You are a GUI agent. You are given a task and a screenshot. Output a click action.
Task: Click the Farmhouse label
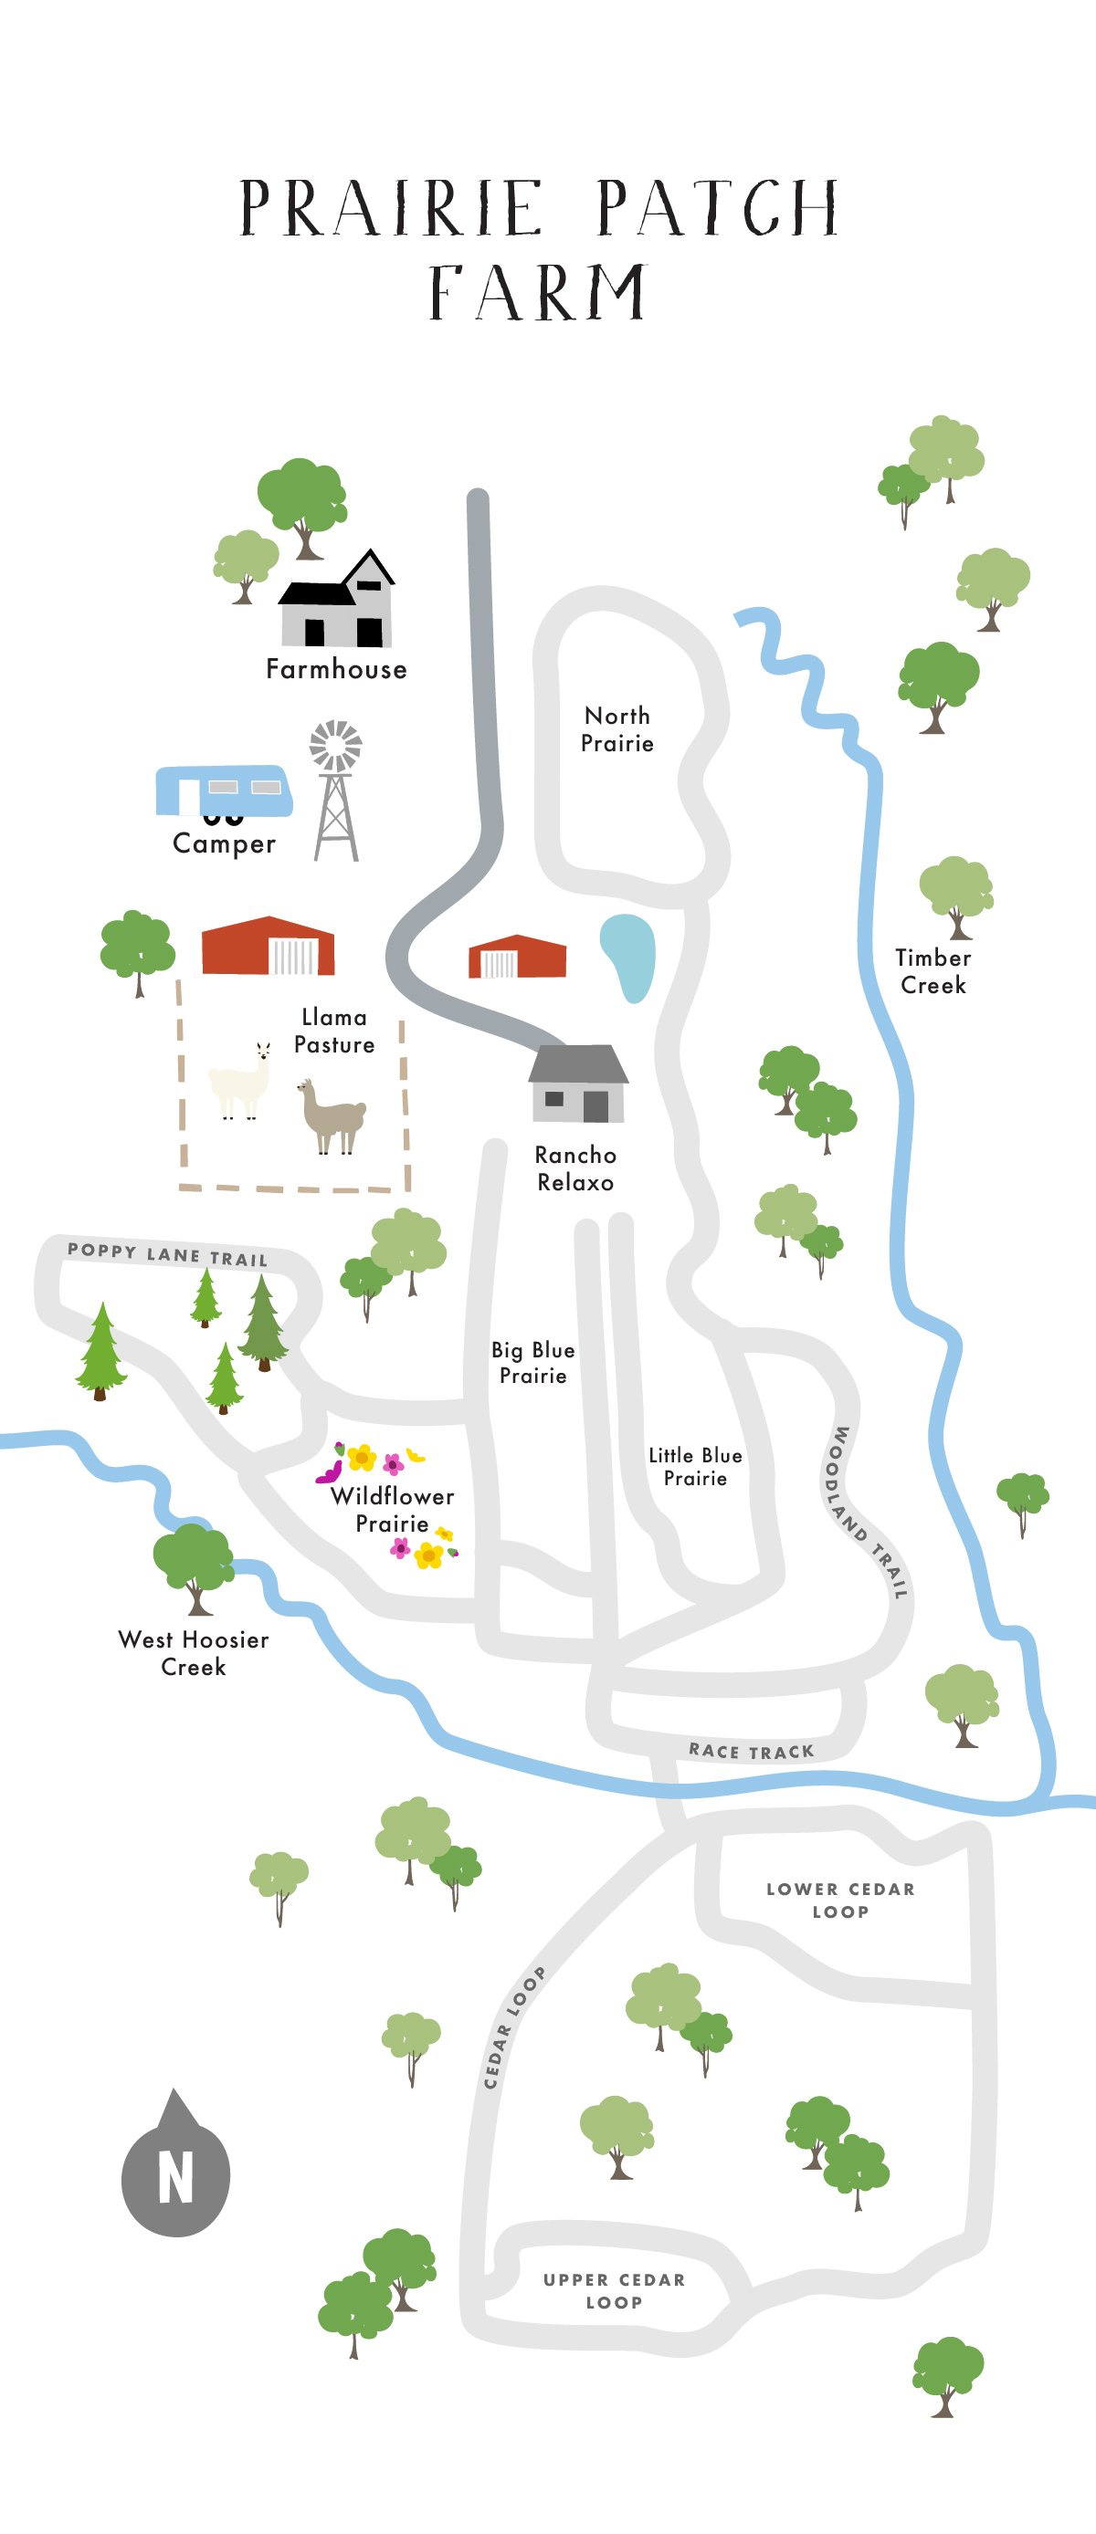pyautogui.click(x=335, y=669)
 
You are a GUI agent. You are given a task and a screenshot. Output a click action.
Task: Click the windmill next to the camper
pyautogui.click(x=335, y=792)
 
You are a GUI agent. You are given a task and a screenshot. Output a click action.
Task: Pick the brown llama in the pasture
pyautogui.click(x=332, y=1115)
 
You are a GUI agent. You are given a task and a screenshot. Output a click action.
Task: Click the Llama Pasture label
pyautogui.click(x=334, y=1030)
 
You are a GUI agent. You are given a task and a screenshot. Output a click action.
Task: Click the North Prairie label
pyautogui.click(x=616, y=729)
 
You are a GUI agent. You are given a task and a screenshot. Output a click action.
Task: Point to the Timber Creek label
pyautogui.click(x=933, y=971)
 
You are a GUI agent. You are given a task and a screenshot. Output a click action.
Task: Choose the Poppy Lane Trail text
pyautogui.click(x=167, y=1254)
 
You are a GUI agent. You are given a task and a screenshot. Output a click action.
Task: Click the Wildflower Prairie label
pyautogui.click(x=392, y=1509)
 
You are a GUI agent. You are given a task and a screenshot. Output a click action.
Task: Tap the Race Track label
pyautogui.click(x=751, y=1751)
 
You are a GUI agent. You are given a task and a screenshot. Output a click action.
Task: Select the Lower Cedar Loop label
pyautogui.click(x=840, y=1900)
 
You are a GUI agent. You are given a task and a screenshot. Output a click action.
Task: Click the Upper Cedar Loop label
pyautogui.click(x=614, y=2291)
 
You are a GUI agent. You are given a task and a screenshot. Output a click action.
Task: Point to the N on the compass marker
pyautogui.click(x=176, y=2178)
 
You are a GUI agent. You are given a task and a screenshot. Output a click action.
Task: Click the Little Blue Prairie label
pyautogui.click(x=695, y=1466)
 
